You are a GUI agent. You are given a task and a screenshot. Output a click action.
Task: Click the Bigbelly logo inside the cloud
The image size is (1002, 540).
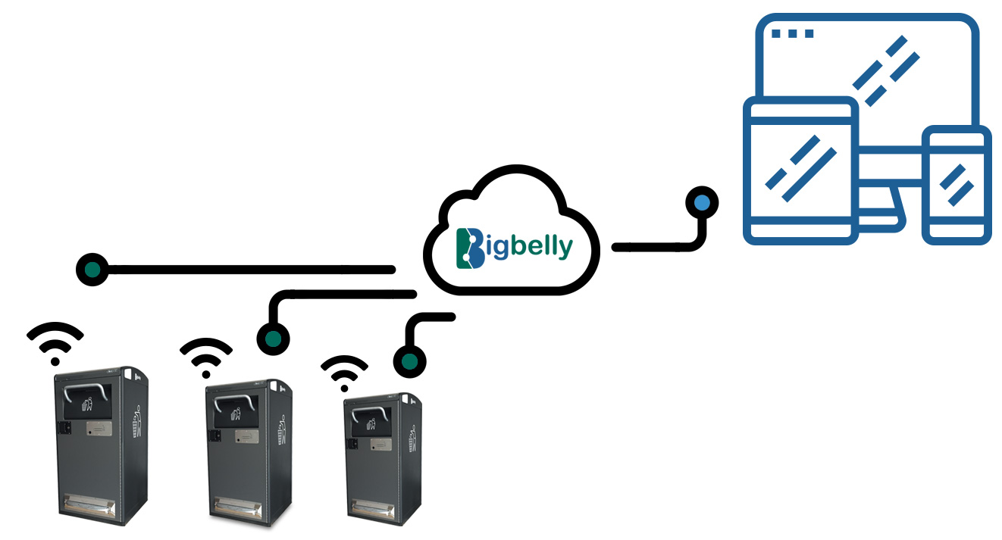pyautogui.click(x=514, y=247)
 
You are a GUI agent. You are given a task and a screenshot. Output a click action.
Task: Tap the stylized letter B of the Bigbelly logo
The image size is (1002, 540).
pyautogui.click(x=470, y=248)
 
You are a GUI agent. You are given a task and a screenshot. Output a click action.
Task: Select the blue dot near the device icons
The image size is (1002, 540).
pyautogui.click(x=703, y=202)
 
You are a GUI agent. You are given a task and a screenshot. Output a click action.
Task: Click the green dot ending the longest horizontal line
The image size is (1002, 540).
pyautogui.click(x=92, y=269)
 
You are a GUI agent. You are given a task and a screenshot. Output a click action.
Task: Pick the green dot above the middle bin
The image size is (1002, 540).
pyautogui.click(x=273, y=337)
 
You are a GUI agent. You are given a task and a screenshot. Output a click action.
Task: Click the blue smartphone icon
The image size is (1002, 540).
pyautogui.click(x=957, y=186)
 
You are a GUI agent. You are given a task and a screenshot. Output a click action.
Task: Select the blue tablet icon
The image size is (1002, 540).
pyautogui.click(x=800, y=170)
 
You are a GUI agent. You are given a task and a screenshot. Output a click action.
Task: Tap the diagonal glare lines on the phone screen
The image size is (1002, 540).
pyautogui.click(x=957, y=185)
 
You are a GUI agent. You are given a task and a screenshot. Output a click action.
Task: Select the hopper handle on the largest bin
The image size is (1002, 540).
pyautogui.click(x=83, y=392)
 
